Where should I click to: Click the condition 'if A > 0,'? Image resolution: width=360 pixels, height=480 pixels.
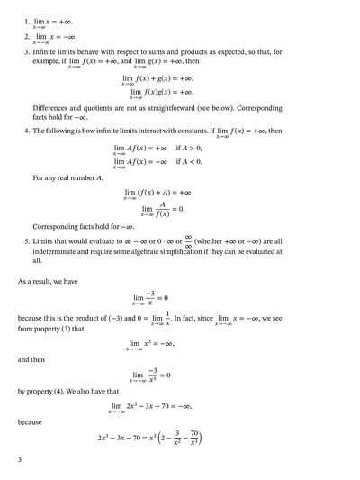pyautogui.click(x=190, y=148)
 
